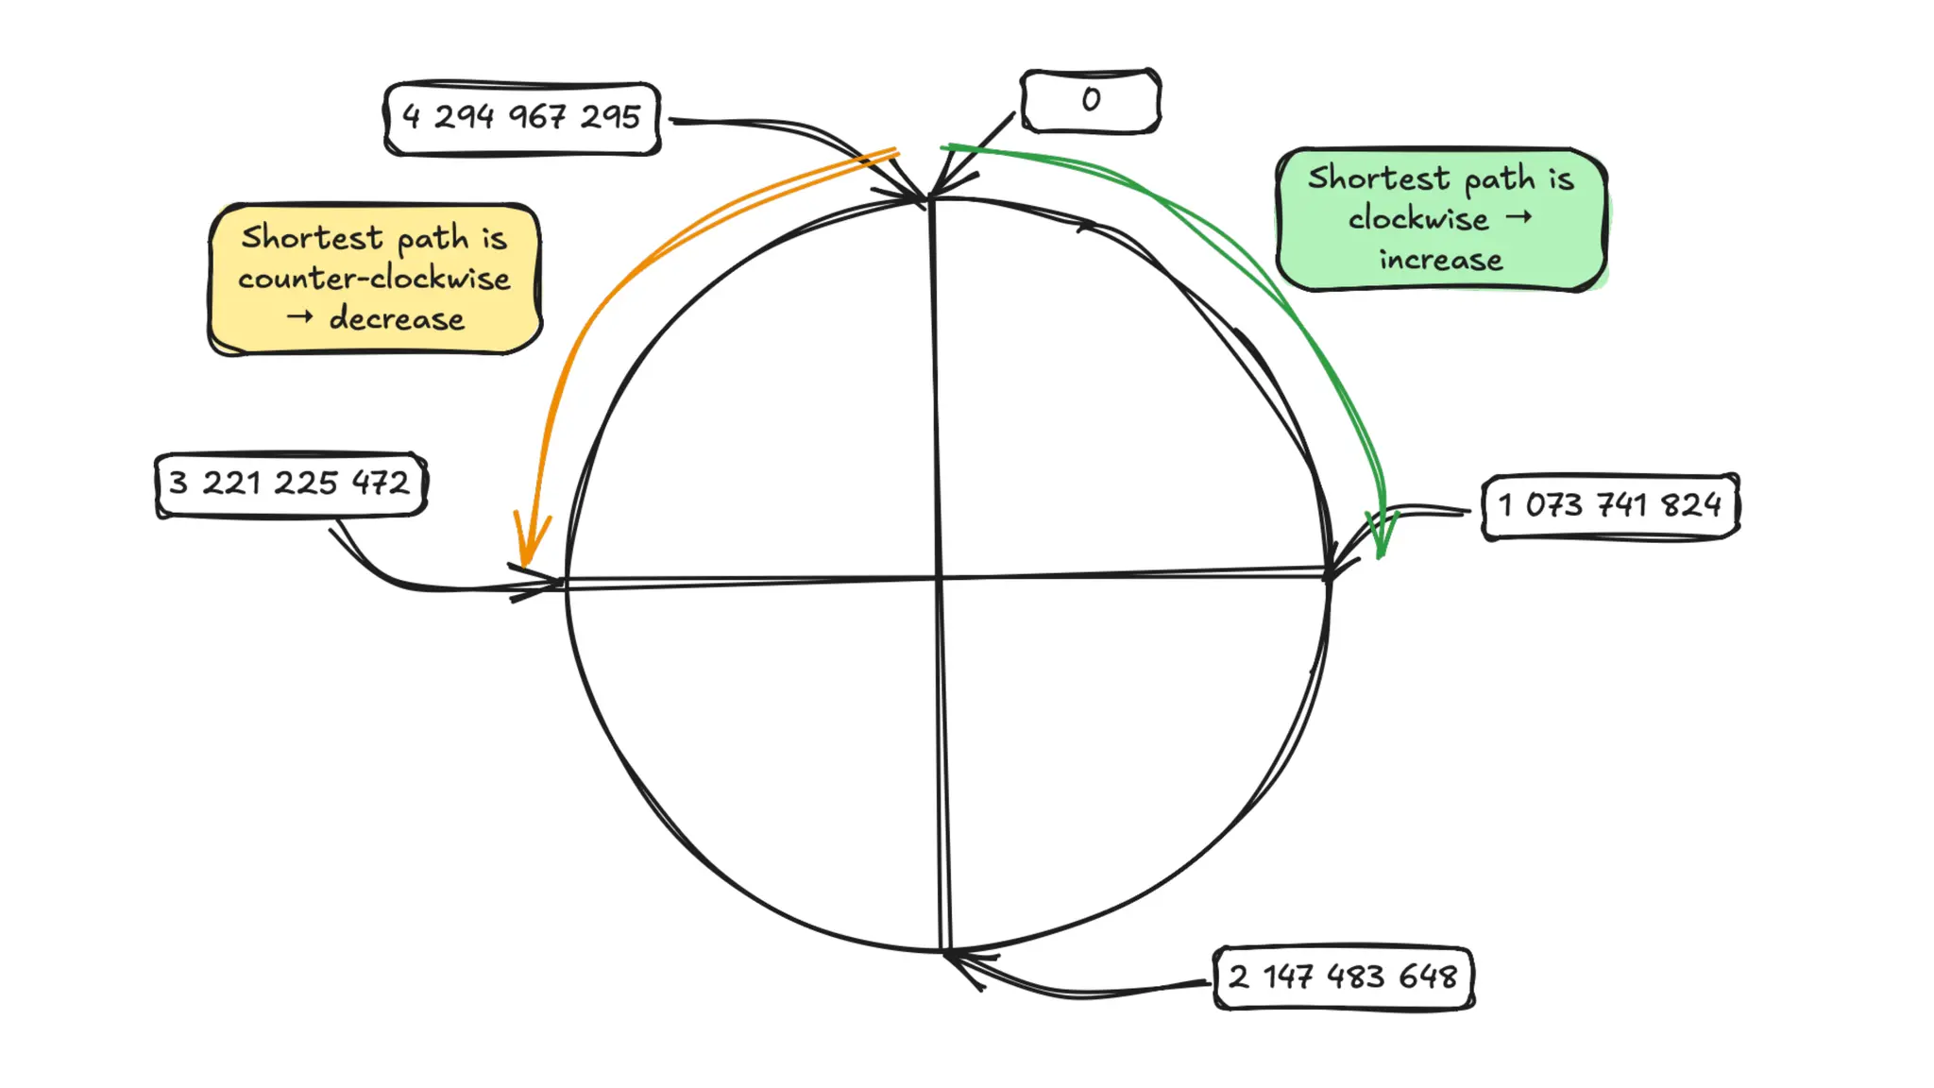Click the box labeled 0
[1091, 100]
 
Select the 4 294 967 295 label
[521, 118]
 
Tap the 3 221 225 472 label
[290, 484]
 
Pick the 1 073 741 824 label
[1609, 506]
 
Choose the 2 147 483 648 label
[1343, 977]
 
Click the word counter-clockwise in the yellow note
[374, 279]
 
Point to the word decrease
[397, 319]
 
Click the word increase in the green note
[1440, 260]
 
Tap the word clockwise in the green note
[1417, 219]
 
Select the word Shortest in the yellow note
[312, 237]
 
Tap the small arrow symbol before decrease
[299, 317]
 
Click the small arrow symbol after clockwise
[1518, 217]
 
